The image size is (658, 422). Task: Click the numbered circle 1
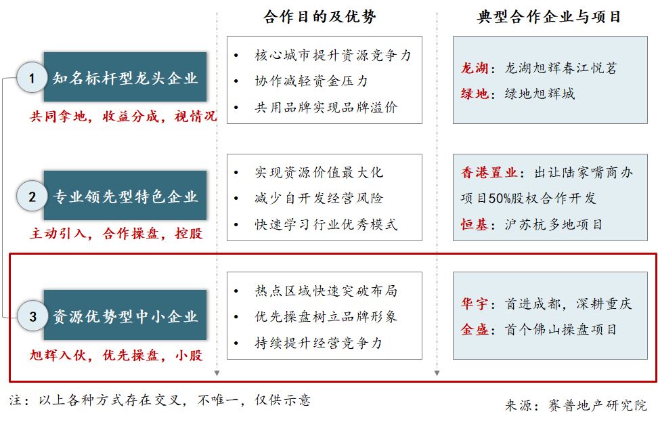click(x=31, y=78)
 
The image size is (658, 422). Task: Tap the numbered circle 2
click(x=31, y=196)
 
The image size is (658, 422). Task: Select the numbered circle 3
click(x=32, y=316)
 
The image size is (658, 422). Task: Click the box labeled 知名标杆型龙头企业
click(x=125, y=77)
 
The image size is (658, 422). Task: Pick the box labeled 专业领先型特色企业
click(x=125, y=195)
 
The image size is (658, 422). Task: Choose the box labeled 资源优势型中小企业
click(x=125, y=315)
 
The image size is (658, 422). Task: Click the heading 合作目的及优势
click(x=320, y=17)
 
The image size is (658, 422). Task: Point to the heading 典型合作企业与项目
click(x=549, y=17)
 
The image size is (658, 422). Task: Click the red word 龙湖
click(x=474, y=68)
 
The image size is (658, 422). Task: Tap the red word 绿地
click(x=474, y=93)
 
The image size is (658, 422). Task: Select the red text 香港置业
click(x=489, y=172)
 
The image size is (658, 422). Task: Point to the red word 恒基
click(x=474, y=225)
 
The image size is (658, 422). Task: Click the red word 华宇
click(x=474, y=303)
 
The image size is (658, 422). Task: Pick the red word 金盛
click(x=474, y=330)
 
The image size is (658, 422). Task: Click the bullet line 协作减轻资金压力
click(x=311, y=81)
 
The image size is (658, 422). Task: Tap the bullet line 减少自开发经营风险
click(x=319, y=198)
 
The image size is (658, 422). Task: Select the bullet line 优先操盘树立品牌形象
click(x=326, y=316)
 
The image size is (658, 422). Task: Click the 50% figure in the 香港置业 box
click(x=498, y=198)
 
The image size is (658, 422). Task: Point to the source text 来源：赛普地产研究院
click(x=575, y=405)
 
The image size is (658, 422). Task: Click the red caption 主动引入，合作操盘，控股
click(x=116, y=234)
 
